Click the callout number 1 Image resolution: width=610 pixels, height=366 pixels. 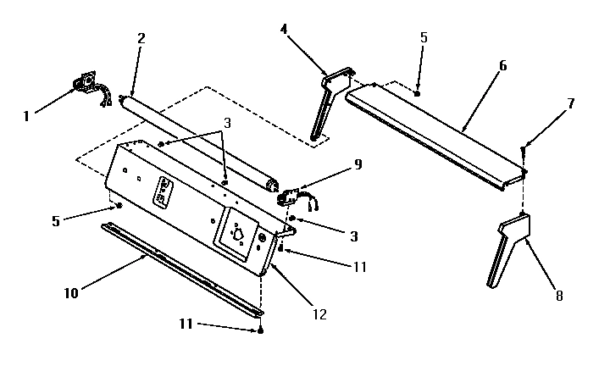(26, 115)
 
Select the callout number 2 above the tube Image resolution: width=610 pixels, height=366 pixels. (141, 39)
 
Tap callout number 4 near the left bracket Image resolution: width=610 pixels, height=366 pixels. (285, 30)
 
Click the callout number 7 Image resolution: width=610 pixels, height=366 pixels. (571, 103)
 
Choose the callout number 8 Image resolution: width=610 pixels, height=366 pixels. (559, 296)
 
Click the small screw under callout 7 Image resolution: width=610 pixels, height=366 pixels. (523, 150)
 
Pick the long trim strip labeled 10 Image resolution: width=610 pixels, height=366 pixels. (178, 266)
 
